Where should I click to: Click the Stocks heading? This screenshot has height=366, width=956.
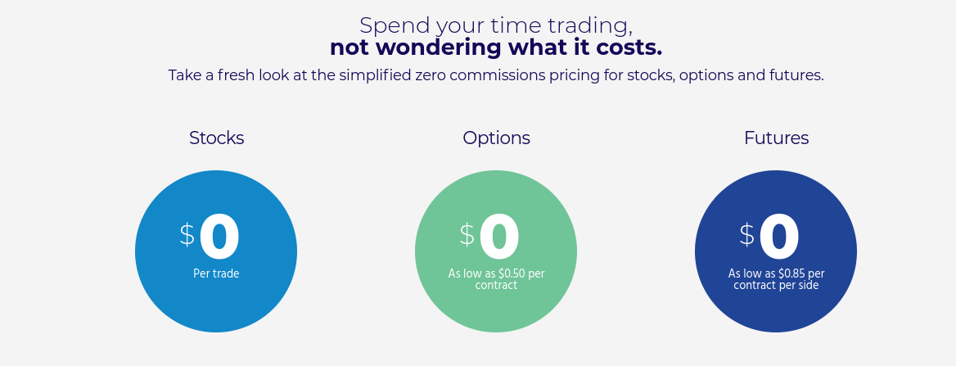[x=216, y=138]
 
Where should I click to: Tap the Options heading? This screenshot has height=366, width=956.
[x=496, y=138]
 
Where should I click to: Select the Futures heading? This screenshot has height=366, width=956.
[x=776, y=138]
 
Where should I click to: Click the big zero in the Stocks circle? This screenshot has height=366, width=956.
[x=219, y=237]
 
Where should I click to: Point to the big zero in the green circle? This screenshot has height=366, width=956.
[x=499, y=237]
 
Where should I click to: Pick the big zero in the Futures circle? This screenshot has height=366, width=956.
[x=779, y=237]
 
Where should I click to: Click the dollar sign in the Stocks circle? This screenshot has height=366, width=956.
[x=187, y=235]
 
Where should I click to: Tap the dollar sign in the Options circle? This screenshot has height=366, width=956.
[x=467, y=235]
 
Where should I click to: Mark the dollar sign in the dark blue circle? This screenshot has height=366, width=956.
[x=746, y=235]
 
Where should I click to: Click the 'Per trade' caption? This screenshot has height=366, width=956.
[x=216, y=274]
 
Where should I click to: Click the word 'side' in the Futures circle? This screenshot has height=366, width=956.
[x=809, y=285]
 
